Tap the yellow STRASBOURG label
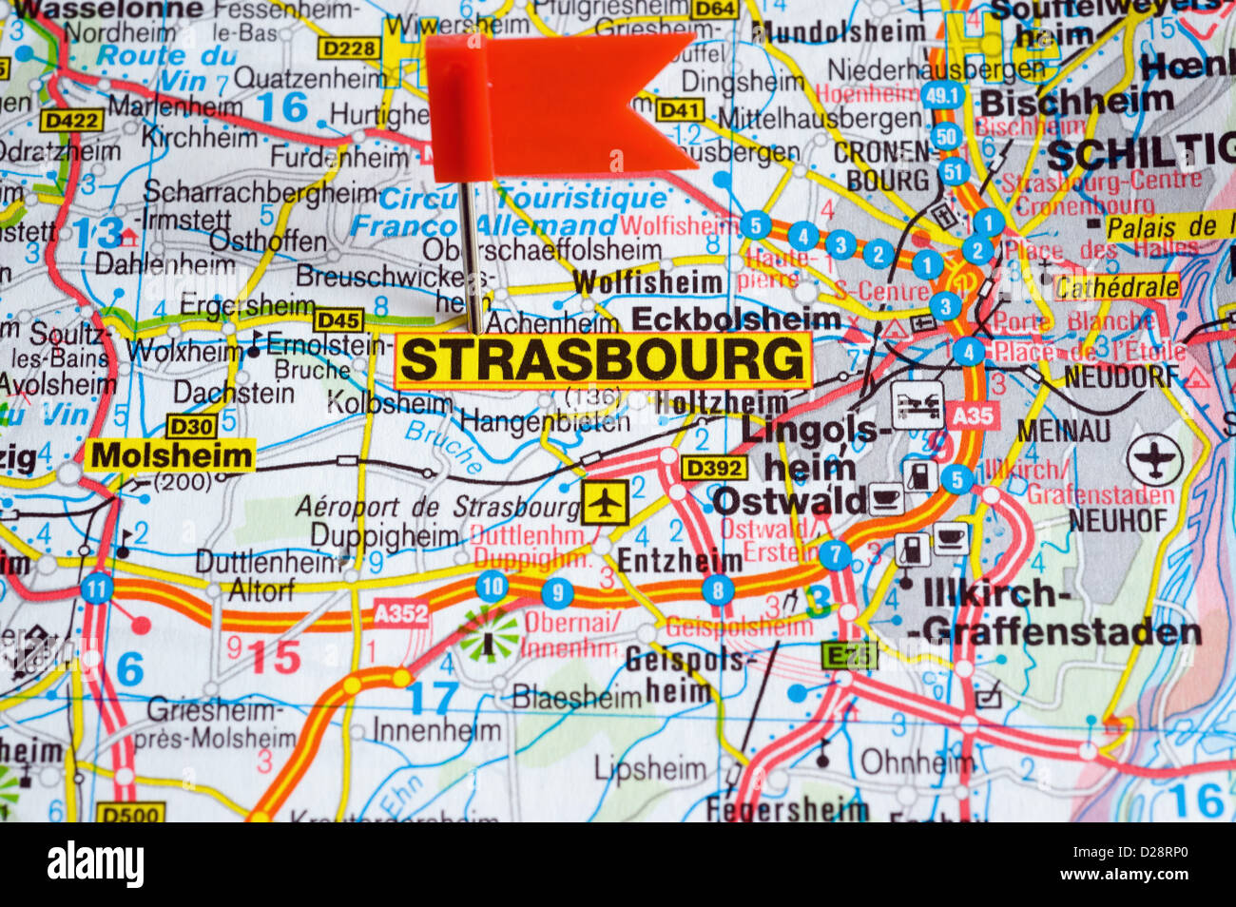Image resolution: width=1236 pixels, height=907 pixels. (x=603, y=359)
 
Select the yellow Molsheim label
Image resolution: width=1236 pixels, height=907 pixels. (x=171, y=455)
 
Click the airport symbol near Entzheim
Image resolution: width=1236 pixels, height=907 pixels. (x=605, y=501)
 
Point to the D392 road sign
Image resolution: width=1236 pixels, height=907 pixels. (x=713, y=468)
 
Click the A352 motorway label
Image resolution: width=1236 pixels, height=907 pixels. (x=400, y=614)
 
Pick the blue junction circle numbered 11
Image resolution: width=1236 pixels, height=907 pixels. (x=96, y=589)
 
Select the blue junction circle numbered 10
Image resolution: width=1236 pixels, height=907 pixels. (x=492, y=587)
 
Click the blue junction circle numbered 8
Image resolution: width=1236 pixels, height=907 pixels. (x=718, y=590)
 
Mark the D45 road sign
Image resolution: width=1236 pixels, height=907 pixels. (x=338, y=319)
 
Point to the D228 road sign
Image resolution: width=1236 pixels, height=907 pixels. (x=349, y=48)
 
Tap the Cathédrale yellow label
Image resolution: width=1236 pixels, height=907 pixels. (x=1117, y=286)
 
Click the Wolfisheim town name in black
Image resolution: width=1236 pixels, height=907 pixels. (x=648, y=282)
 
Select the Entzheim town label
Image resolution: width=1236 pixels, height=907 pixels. (x=679, y=561)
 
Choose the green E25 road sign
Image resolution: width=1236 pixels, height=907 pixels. (x=848, y=655)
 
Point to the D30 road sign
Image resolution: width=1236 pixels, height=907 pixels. (x=191, y=425)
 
